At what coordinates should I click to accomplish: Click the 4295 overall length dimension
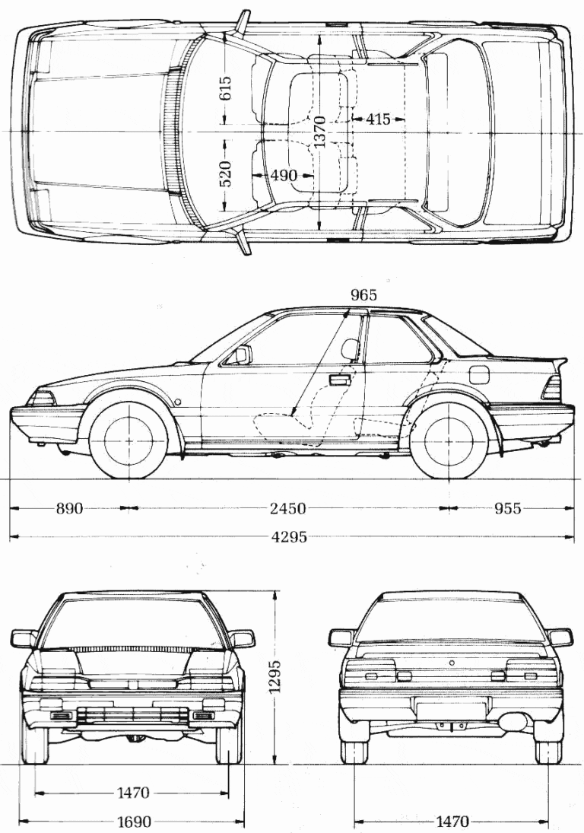coord(289,537)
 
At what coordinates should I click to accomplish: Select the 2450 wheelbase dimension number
coord(287,508)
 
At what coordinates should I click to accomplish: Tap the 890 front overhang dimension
coord(69,508)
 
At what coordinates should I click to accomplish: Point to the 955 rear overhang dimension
coord(507,508)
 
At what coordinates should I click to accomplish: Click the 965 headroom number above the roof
coord(363,295)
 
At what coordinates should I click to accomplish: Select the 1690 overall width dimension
coord(134,822)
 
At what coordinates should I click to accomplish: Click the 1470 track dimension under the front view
coord(133,793)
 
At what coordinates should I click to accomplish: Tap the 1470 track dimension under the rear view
coord(452,822)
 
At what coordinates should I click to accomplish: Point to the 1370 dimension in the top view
coord(319,131)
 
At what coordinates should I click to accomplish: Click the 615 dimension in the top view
coord(225,90)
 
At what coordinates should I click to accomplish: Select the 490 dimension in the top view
coord(284,174)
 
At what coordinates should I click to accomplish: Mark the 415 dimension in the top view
coord(378,119)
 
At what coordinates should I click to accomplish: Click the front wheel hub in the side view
coord(129,440)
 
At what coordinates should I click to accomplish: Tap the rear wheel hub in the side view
coord(449,440)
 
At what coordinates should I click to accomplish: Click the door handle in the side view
coord(340,380)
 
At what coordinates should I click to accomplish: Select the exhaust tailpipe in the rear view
coord(510,723)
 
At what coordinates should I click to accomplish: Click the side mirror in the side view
coord(242,354)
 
